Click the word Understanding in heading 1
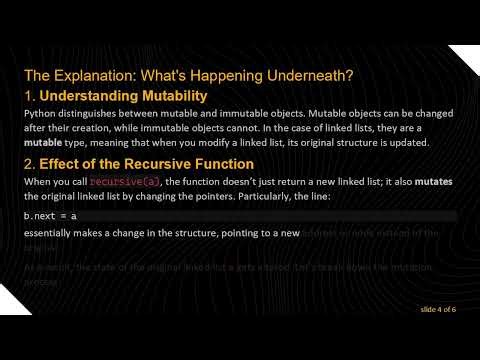click(x=89, y=96)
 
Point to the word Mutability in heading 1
click(x=172, y=96)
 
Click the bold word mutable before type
click(x=43, y=143)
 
